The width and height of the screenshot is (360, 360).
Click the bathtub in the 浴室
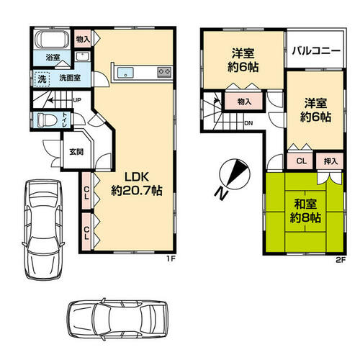pyautogui.click(x=52, y=40)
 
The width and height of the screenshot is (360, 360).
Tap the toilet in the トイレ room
pyautogui.click(x=47, y=119)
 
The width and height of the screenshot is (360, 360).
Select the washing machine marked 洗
pyautogui.click(x=42, y=78)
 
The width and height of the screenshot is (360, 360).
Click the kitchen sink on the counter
pyautogui.click(x=125, y=73)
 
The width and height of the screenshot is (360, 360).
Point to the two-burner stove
pyautogui.click(x=164, y=72)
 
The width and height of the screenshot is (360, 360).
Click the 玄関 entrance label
pyautogui.click(x=76, y=151)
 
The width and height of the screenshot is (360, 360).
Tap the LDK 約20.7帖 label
pyautogui.click(x=137, y=184)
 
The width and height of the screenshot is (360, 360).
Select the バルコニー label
pyautogui.click(x=316, y=51)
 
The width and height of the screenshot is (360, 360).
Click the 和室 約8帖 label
pyautogui.click(x=305, y=211)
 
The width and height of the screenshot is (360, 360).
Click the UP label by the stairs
pyautogui.click(x=77, y=100)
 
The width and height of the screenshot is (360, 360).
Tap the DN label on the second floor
pyautogui.click(x=248, y=123)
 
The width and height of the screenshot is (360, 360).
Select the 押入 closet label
pyautogui.click(x=330, y=161)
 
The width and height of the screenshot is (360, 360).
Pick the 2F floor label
pyautogui.click(x=341, y=260)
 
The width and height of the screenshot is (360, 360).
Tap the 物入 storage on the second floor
pyautogui.click(x=244, y=102)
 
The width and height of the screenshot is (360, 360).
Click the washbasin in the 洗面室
pyautogui.click(x=83, y=57)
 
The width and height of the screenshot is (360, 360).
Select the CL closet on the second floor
pyautogui.click(x=301, y=161)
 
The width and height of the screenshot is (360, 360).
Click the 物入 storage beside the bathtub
pyautogui.click(x=82, y=39)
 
